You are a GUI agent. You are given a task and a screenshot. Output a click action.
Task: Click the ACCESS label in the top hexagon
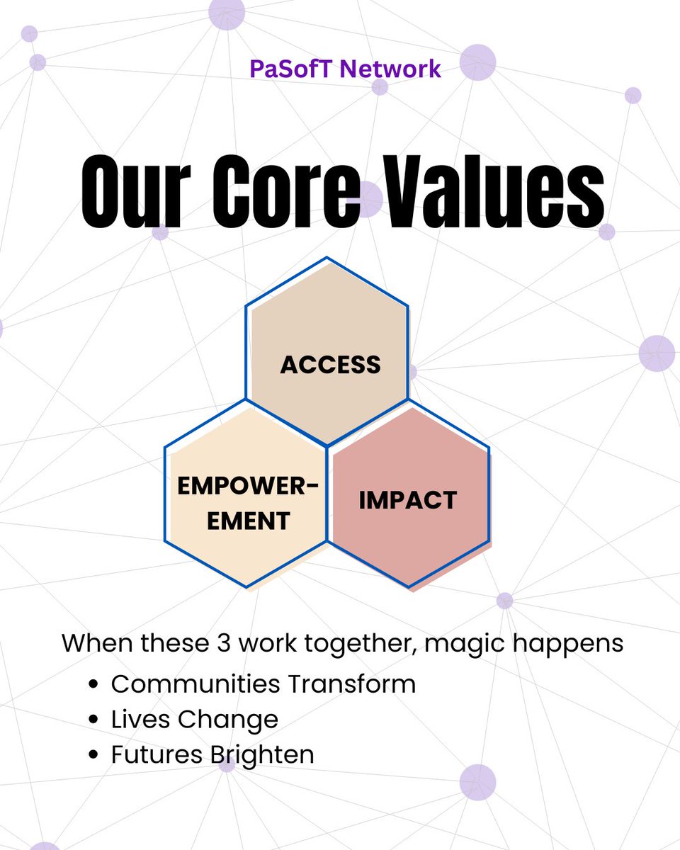(x=330, y=365)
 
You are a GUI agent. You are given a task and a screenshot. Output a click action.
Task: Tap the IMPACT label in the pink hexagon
(x=407, y=500)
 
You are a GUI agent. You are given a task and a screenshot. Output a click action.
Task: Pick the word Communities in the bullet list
(x=194, y=684)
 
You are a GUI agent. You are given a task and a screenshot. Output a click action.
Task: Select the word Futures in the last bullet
(x=155, y=754)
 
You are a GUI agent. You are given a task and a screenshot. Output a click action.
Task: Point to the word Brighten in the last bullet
(x=261, y=755)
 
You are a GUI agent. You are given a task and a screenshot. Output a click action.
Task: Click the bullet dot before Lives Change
(x=93, y=720)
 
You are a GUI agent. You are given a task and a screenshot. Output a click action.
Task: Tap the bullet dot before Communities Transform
(x=93, y=685)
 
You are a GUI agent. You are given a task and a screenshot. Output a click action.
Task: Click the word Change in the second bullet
(x=227, y=720)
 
